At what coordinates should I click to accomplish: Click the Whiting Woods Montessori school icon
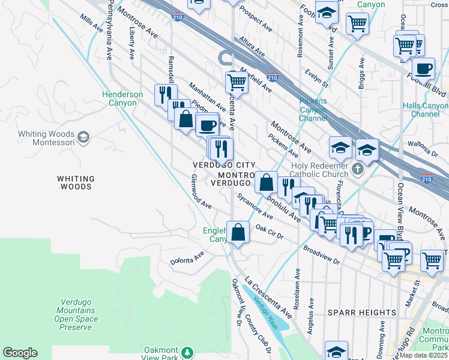(83, 138)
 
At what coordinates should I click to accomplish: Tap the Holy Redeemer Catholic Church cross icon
(358, 169)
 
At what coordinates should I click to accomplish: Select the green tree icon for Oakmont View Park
(187, 352)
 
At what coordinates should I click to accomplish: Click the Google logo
(20, 353)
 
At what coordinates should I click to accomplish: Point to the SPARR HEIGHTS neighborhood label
(363, 313)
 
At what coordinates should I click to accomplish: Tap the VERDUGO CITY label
(224, 165)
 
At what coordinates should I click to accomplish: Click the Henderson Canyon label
(122, 98)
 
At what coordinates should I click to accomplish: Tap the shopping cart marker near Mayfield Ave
(237, 83)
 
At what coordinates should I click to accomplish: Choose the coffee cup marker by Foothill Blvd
(423, 69)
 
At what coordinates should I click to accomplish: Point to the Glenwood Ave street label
(200, 191)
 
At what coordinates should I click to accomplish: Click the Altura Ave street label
(252, 47)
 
